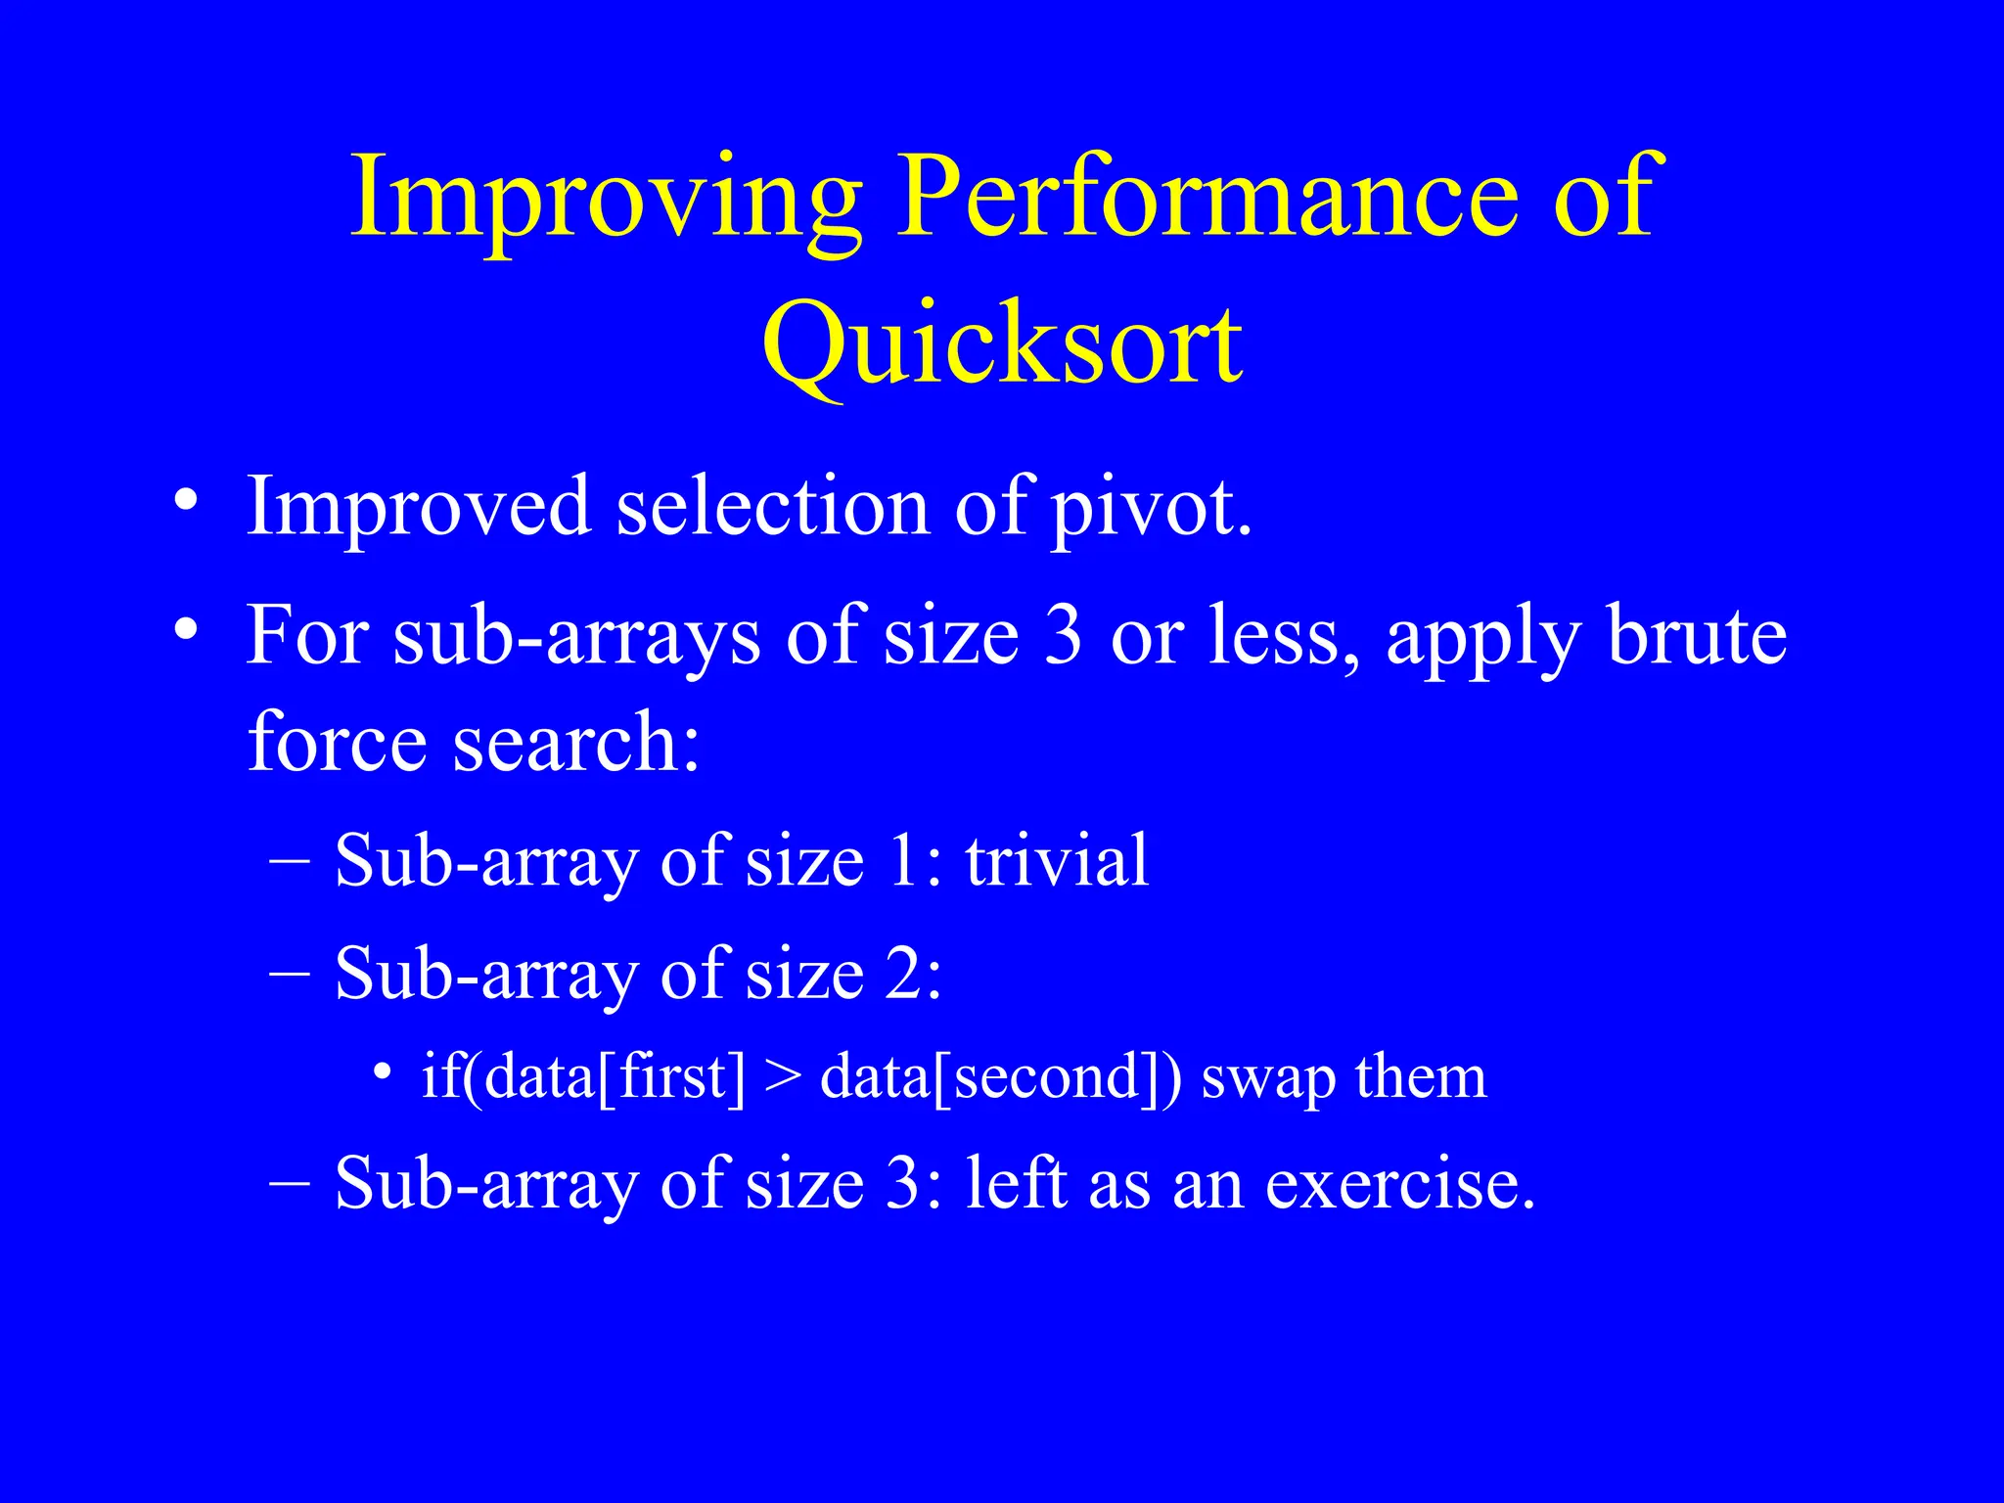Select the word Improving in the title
pyautogui.click(x=606, y=201)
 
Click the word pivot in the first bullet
pyautogui.click(x=1151, y=509)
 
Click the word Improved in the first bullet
pyautogui.click(x=419, y=509)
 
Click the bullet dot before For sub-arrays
pyautogui.click(x=185, y=630)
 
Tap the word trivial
pyautogui.click(x=1056, y=861)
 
